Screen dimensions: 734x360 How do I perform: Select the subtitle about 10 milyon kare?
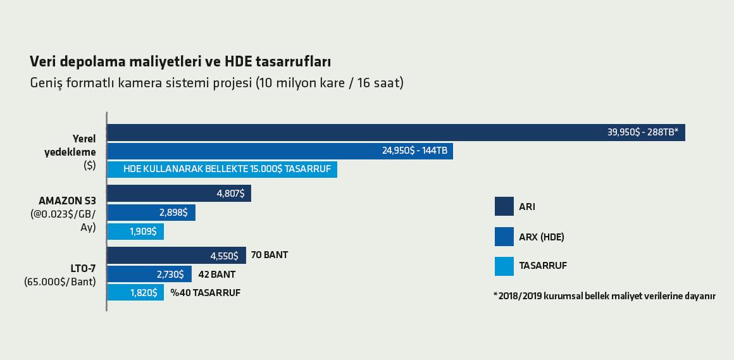pyautogui.click(x=216, y=84)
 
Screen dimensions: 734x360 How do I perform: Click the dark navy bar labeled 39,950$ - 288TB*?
pyautogui.click(x=396, y=132)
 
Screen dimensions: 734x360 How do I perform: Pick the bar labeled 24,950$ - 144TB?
pyautogui.click(x=280, y=151)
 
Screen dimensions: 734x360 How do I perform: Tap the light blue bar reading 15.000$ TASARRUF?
pyautogui.click(x=222, y=170)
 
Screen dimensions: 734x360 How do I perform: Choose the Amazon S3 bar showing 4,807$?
pyautogui.click(x=179, y=194)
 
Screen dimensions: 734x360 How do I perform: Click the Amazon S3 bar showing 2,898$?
pyautogui.click(x=151, y=213)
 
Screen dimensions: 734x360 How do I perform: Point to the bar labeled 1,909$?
pyautogui.click(x=135, y=232)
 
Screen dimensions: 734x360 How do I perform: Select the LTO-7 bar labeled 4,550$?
pyautogui.click(x=177, y=256)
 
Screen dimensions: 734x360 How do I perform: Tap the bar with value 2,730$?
pyautogui.click(x=149, y=274)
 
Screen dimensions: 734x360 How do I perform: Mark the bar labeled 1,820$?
pyautogui.click(x=135, y=292)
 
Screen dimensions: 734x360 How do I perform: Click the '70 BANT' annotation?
pyautogui.click(x=269, y=256)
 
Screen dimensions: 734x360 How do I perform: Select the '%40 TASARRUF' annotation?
pyautogui.click(x=206, y=293)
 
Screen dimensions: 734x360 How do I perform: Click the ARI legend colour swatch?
pyautogui.click(x=504, y=206)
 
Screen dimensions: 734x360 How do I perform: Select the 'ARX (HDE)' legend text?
pyautogui.click(x=542, y=237)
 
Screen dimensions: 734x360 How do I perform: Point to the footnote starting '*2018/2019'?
pyautogui.click(x=604, y=296)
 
